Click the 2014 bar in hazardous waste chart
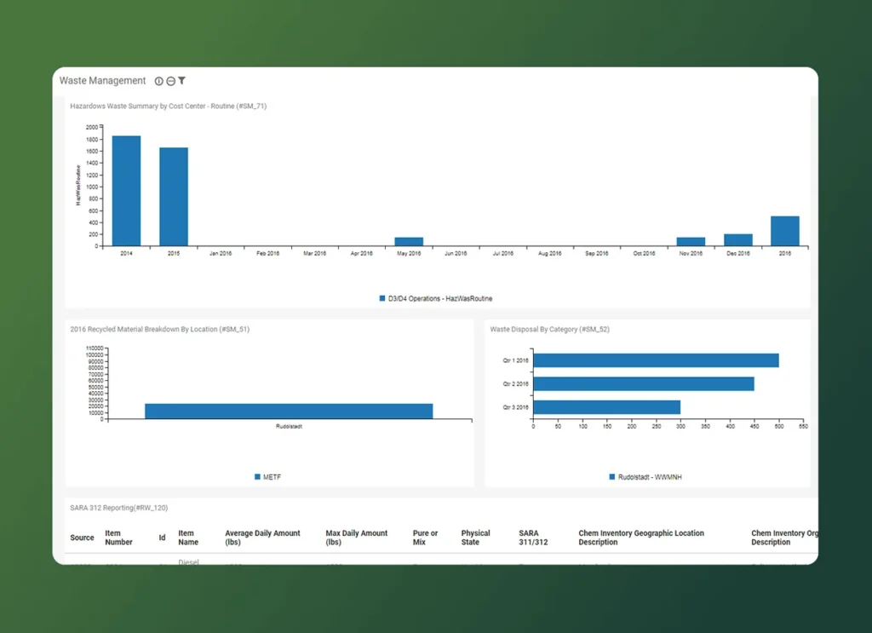[x=126, y=191]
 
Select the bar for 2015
[x=174, y=197]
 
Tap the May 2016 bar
[x=409, y=242]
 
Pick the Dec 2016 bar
[x=738, y=240]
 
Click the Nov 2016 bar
[x=691, y=242]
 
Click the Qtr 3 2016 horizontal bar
[x=606, y=407]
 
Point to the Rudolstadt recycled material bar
[x=289, y=411]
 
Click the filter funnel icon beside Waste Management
[x=181, y=81]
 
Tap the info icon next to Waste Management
[x=158, y=81]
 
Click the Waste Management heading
[x=102, y=81]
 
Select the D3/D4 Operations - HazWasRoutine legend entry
[x=436, y=299]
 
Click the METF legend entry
[x=267, y=477]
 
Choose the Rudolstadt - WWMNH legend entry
[x=645, y=477]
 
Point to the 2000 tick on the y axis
[x=92, y=127]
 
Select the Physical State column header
[x=476, y=538]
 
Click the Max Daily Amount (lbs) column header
[x=356, y=538]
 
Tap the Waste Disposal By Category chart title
[x=549, y=329]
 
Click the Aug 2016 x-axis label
[x=550, y=254]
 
